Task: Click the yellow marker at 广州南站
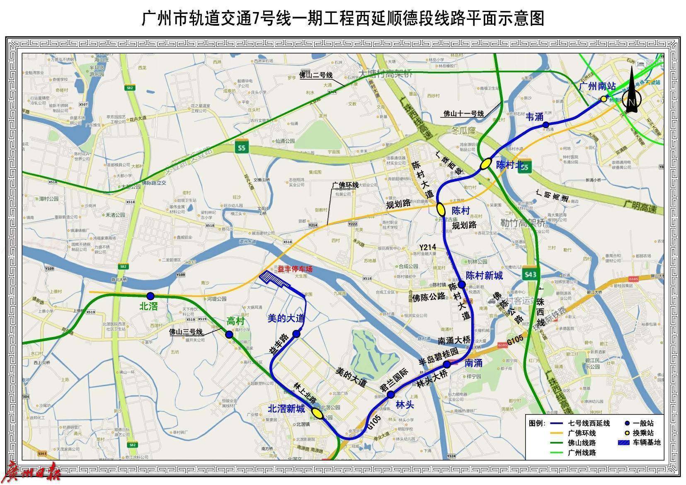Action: (604, 99)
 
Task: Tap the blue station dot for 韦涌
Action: (546, 125)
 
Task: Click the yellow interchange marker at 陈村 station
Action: (441, 209)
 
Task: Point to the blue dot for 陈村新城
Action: (461, 284)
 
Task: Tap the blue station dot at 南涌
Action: (447, 364)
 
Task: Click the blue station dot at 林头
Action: (390, 394)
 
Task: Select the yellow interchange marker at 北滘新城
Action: (318, 413)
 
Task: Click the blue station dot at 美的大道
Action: (296, 334)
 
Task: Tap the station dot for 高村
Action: (229, 335)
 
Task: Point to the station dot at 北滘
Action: (150, 296)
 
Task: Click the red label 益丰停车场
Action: (295, 269)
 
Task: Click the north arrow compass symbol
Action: (632, 95)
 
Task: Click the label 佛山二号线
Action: (316, 75)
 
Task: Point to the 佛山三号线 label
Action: (186, 332)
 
